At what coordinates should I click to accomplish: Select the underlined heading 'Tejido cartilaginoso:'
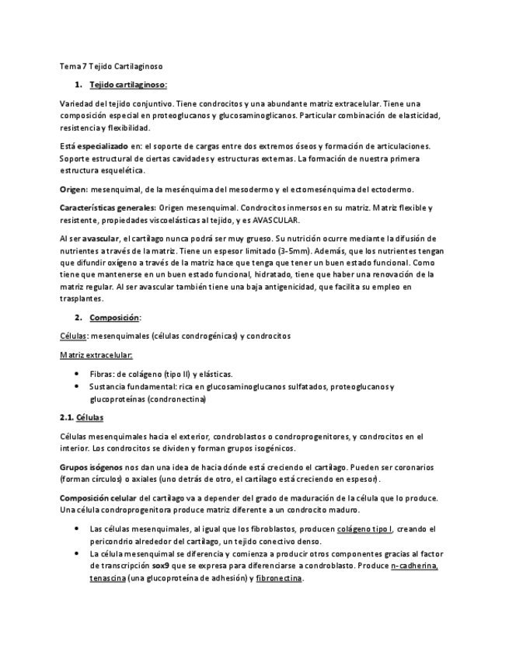(x=128, y=84)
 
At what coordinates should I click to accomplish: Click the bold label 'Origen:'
(x=74, y=189)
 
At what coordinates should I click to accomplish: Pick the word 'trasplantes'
(x=81, y=298)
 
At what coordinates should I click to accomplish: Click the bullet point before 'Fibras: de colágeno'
(x=75, y=374)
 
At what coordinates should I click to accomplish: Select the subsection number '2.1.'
(x=68, y=417)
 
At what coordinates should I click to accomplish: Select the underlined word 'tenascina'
(x=107, y=579)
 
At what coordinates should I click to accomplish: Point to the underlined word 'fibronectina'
(x=279, y=579)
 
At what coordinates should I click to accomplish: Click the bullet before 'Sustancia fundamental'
(x=75, y=386)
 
